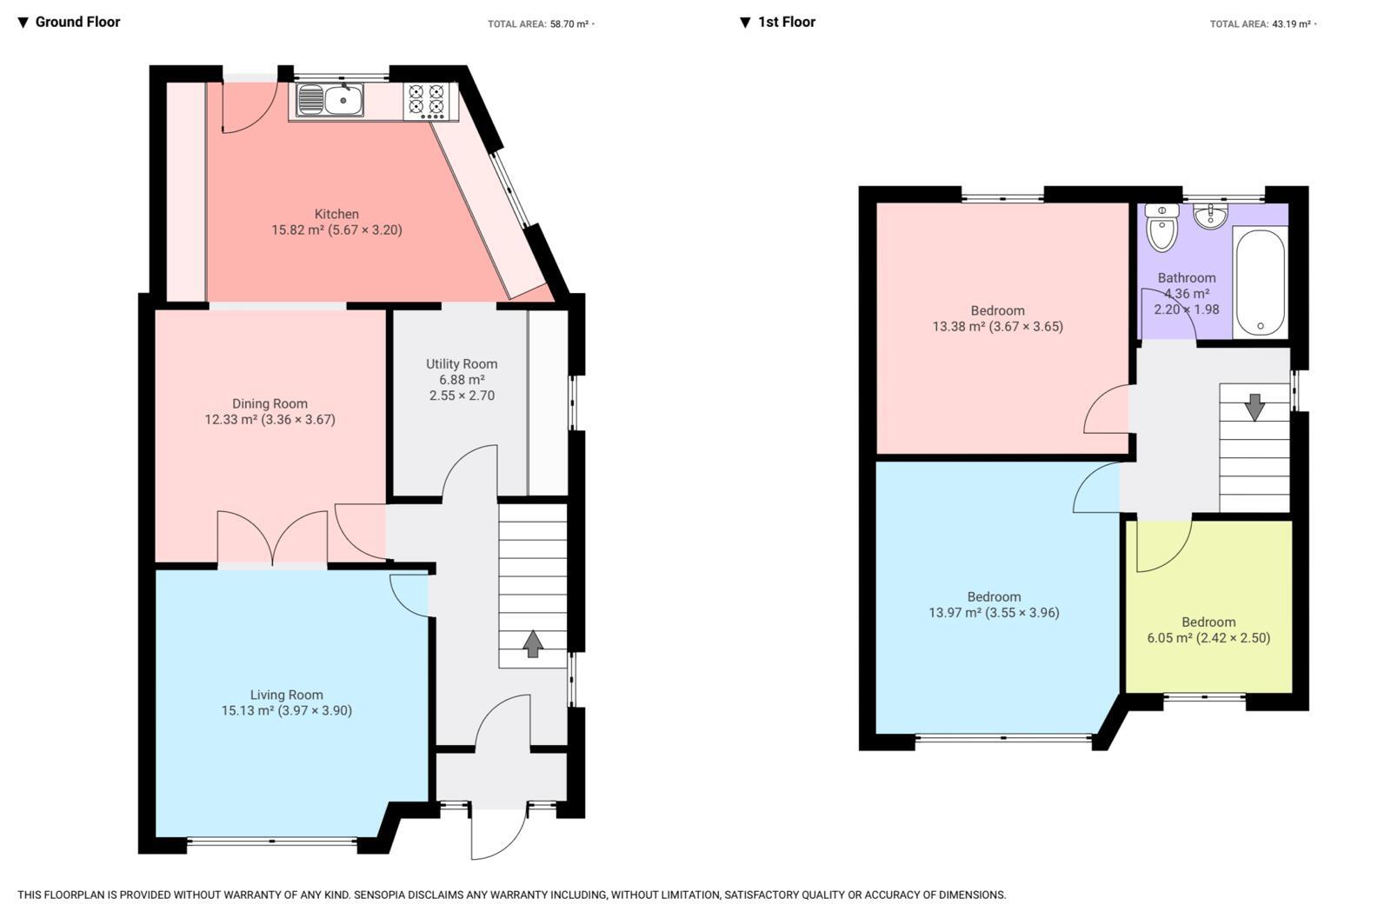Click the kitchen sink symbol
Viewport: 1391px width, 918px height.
pos(330,100)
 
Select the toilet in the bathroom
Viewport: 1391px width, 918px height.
pos(1161,228)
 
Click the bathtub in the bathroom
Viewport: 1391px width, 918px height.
pos(1260,282)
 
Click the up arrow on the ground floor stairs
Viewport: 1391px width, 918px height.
pos(533,643)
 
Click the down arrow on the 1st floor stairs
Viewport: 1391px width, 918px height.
pos(1255,407)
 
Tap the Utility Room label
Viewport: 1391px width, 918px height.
pos(462,364)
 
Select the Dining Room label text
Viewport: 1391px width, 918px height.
pos(270,403)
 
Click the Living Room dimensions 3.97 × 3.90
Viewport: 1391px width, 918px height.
pos(316,710)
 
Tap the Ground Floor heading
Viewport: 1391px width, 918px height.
pos(77,22)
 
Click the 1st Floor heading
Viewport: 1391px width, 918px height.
pos(786,22)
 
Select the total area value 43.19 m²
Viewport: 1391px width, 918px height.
pos(1292,24)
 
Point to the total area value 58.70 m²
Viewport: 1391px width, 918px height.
pos(569,24)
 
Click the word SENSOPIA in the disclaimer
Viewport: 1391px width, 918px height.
pos(383,895)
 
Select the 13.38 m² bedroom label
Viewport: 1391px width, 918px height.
pos(997,318)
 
